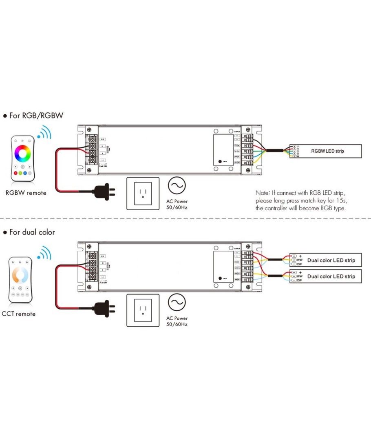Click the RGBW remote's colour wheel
[22, 154]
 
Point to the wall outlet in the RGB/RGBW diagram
[142, 193]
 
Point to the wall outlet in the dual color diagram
[142, 311]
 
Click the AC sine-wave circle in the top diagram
[177, 186]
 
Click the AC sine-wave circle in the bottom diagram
[177, 303]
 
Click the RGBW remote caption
[26, 193]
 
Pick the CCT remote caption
[19, 314]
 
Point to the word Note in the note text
[262, 192]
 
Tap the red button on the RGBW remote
[15, 173]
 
